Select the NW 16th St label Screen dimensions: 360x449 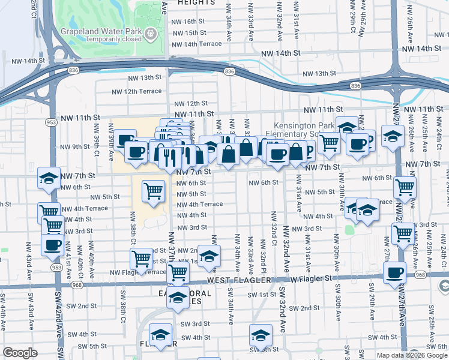[x=188, y=21]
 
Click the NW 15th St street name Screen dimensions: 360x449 [x=188, y=33]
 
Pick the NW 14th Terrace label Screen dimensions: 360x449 [x=196, y=44]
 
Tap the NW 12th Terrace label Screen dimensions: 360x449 [x=137, y=91]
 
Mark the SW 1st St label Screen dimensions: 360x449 [x=260, y=295]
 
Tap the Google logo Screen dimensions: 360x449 [x=20, y=353]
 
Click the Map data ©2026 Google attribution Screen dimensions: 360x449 [x=411, y=355]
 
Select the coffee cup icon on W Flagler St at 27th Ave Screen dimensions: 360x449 [x=394, y=273]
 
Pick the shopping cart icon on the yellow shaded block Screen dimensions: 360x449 [x=154, y=191]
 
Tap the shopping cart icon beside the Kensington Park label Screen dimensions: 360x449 [x=329, y=143]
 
